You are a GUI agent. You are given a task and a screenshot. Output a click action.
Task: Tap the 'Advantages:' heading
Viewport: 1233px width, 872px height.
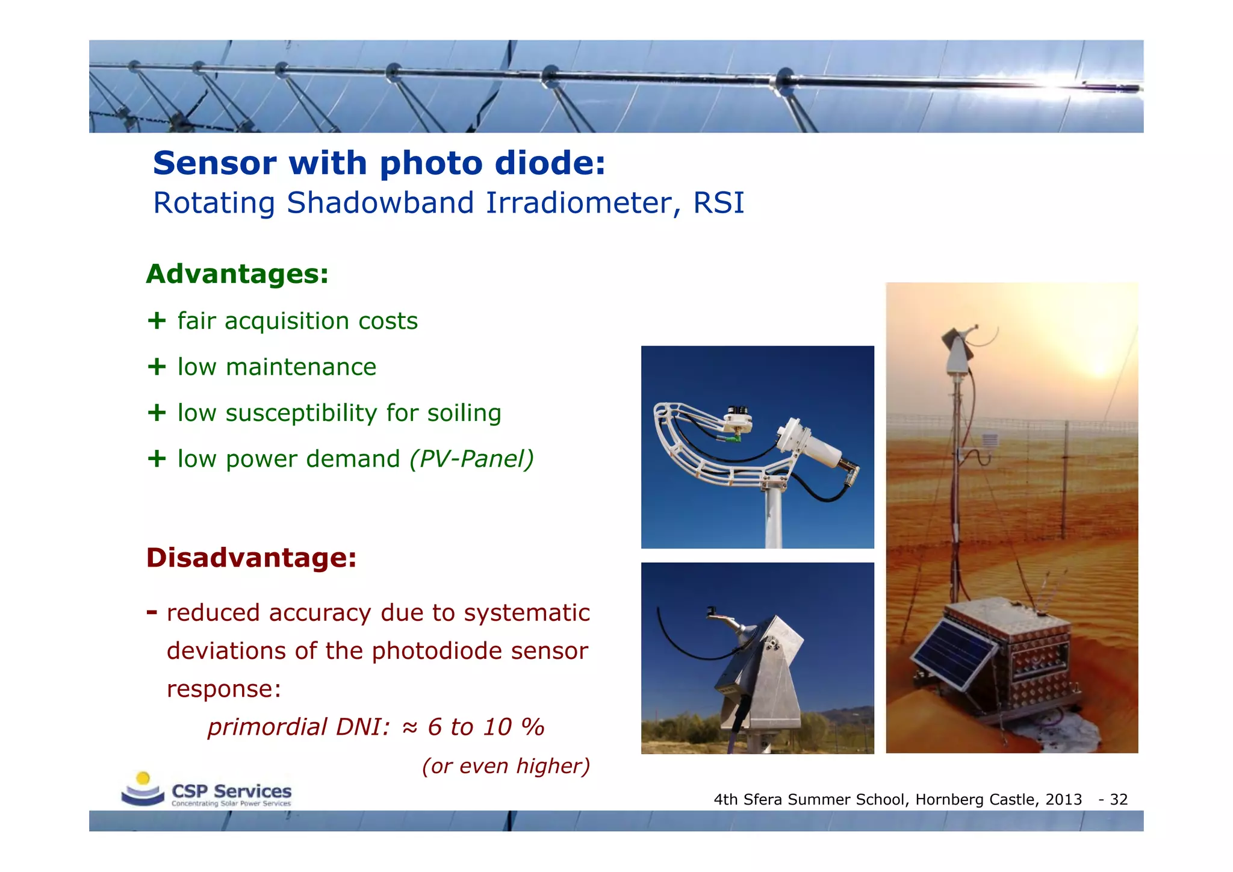point(237,274)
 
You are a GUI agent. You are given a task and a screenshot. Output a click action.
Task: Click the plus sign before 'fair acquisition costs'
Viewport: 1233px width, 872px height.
point(157,320)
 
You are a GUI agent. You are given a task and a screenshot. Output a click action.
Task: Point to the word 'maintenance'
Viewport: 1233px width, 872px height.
point(300,367)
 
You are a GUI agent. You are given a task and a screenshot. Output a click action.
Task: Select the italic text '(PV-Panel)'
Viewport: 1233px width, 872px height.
point(471,459)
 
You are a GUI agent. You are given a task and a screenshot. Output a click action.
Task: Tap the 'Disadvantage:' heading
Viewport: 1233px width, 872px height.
point(251,558)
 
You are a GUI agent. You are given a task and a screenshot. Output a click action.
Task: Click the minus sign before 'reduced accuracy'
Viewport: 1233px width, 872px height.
point(152,612)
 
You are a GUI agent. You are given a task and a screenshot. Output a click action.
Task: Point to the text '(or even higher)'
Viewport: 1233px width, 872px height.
point(506,766)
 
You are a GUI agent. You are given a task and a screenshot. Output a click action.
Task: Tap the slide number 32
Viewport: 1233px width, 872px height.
point(1119,800)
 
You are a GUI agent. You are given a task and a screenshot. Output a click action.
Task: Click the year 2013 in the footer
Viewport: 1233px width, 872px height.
point(1063,800)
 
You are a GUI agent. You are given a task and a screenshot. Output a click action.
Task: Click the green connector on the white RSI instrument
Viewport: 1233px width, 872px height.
point(731,439)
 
